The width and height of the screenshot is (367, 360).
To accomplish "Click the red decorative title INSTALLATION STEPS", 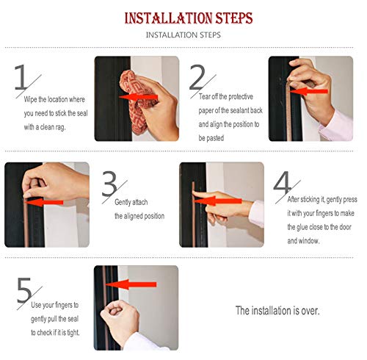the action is click(x=189, y=18).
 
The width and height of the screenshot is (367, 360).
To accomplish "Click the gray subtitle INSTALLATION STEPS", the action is click(x=183, y=35).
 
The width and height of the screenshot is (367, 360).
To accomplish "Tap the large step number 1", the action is click(x=21, y=77).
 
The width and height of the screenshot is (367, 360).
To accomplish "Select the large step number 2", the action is click(x=197, y=77).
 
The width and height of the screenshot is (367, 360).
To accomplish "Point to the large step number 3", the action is click(x=109, y=183).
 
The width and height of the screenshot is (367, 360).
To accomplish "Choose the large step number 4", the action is click(x=282, y=183).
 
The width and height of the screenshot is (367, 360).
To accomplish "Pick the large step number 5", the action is click(x=24, y=290).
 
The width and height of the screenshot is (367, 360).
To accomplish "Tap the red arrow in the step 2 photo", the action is click(x=308, y=91).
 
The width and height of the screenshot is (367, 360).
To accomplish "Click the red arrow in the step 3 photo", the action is click(x=43, y=202).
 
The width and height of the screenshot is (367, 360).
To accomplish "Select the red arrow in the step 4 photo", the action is click(x=217, y=201).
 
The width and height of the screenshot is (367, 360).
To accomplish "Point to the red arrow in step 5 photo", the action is click(x=131, y=284).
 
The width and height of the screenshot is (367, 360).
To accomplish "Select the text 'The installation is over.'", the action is click(x=277, y=311).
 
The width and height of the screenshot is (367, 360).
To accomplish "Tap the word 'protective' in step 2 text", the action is click(x=241, y=97).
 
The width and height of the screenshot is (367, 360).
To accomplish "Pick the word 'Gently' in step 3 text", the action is click(x=123, y=202).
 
